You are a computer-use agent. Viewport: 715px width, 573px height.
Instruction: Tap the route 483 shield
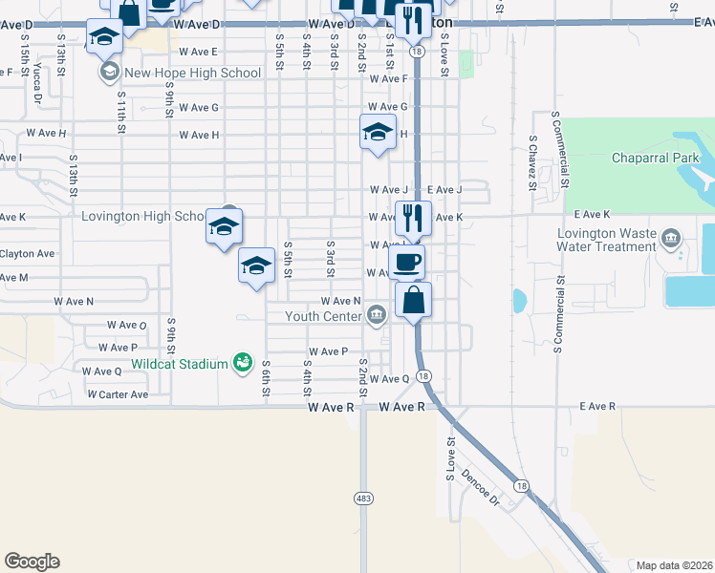[364, 498]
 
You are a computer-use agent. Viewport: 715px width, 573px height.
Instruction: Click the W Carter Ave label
[118, 394]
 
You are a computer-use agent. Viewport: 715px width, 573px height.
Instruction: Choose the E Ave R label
[597, 407]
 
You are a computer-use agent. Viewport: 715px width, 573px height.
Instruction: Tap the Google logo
[32, 562]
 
